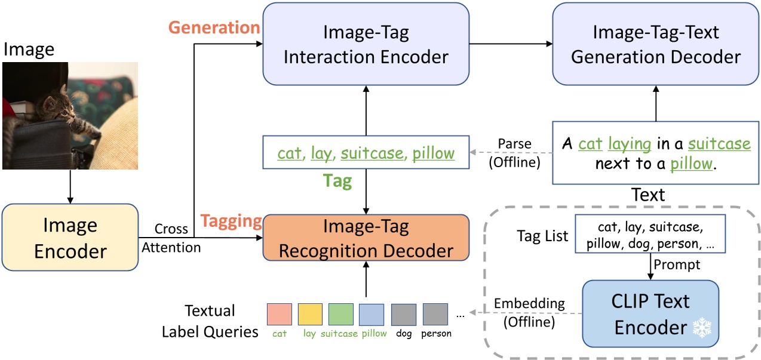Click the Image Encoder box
(x=70, y=237)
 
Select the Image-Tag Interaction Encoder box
(x=366, y=44)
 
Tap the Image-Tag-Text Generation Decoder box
(x=656, y=44)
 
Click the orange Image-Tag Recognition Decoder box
(x=366, y=238)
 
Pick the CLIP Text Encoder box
(x=650, y=313)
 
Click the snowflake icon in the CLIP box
(x=702, y=327)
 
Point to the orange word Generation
(x=214, y=27)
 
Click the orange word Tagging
(x=231, y=221)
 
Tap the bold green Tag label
(x=337, y=181)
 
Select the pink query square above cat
(x=280, y=314)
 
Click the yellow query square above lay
(x=310, y=314)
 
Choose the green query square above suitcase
(x=340, y=314)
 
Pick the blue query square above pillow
(x=372, y=314)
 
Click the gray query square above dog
(x=404, y=314)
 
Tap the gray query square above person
(x=435, y=314)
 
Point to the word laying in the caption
(x=630, y=144)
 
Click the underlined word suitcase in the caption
(x=719, y=143)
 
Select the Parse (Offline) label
(x=514, y=153)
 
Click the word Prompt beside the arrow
(x=677, y=264)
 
